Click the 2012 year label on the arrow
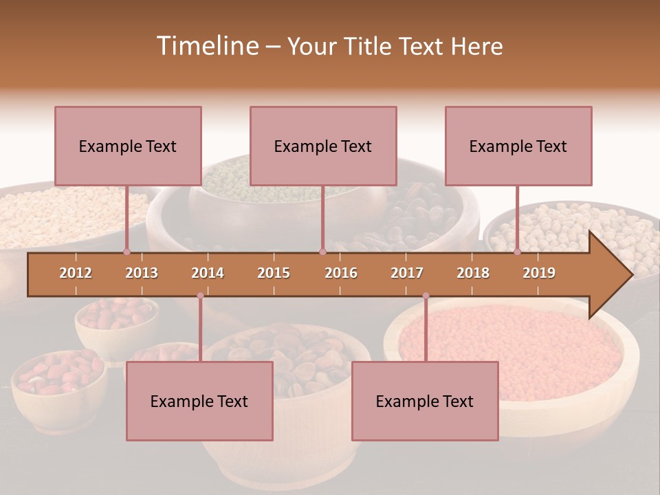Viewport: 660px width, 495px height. (76, 273)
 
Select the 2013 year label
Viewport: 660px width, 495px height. (142, 273)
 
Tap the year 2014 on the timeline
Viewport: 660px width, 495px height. (208, 273)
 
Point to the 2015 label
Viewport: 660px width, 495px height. (274, 273)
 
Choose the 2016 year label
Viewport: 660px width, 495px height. (341, 273)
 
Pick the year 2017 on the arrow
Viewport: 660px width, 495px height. (407, 273)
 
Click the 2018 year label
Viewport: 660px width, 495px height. (473, 273)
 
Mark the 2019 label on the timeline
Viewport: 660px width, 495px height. (539, 273)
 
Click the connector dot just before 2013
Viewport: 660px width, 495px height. (126, 252)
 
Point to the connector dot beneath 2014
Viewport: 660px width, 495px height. (200, 296)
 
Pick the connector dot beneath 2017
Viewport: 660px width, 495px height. (426, 296)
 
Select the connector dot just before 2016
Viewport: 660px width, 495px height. (322, 252)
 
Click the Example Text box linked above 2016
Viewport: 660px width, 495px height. (323, 146)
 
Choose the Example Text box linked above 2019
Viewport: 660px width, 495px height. (518, 146)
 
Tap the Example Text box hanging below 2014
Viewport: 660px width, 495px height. (199, 401)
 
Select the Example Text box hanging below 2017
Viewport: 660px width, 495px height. (425, 401)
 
